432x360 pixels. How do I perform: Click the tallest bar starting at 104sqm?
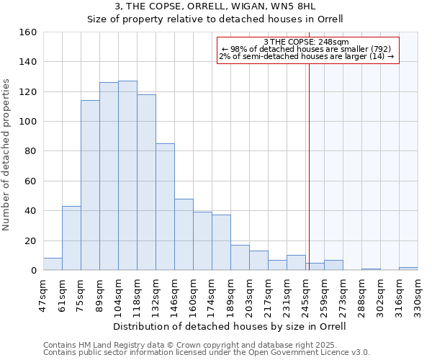127,176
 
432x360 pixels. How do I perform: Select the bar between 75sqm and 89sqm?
90,185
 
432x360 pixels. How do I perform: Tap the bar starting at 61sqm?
71,238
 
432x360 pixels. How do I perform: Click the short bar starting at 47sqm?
53,264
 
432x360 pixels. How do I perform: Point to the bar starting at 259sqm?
333,265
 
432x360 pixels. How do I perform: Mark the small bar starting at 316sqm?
408,269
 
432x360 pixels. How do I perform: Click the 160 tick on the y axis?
28,32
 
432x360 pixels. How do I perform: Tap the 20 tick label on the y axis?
30,240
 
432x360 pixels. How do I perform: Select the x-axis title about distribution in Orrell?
230,326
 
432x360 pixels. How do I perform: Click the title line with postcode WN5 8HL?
215,6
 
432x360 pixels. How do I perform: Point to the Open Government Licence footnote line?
207,352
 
